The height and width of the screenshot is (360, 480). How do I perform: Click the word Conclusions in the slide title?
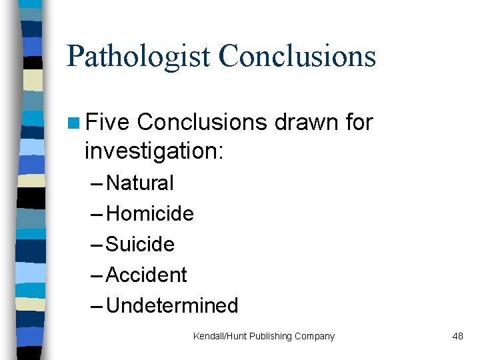pyautogui.click(x=297, y=56)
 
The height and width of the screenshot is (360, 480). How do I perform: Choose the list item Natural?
pyautogui.click(x=139, y=183)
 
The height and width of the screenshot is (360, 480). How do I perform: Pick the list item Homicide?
pyautogui.click(x=150, y=213)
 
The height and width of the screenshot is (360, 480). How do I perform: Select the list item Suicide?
pyautogui.click(x=140, y=244)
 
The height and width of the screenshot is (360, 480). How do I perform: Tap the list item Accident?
pyautogui.click(x=147, y=275)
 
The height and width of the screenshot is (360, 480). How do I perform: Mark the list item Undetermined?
pyautogui.click(x=172, y=305)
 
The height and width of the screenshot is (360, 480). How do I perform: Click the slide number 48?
pyautogui.click(x=457, y=336)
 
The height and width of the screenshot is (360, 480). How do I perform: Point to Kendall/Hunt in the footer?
pyautogui.click(x=219, y=336)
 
